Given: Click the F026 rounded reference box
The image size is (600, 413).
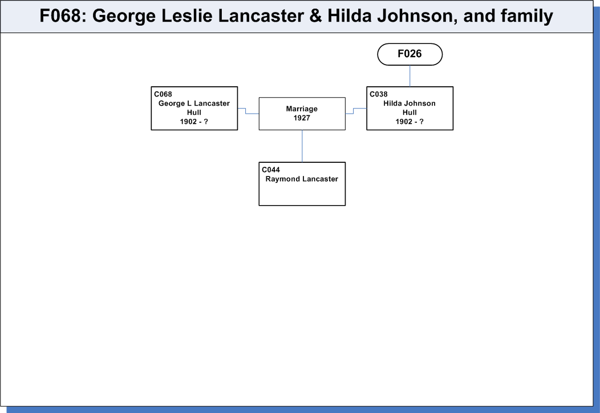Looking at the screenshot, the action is pos(410,54).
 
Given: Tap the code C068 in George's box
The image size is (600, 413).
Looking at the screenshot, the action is pos(163,94).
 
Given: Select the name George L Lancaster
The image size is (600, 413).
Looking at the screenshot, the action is pos(194,103).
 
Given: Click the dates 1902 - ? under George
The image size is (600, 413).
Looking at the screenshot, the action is pos(194,122).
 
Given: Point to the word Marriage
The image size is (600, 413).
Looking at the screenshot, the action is pos(302,109).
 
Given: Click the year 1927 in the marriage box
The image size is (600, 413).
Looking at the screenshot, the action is pos(302,118).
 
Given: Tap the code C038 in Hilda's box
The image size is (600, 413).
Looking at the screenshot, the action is pos(379,94).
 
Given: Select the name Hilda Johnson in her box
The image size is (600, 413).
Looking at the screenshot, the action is pos(410,103).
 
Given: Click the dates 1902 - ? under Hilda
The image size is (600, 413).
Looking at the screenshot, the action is pos(410,122).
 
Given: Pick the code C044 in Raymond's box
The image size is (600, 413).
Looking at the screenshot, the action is pos(271,170).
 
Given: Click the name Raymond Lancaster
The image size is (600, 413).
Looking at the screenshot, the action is pos(302,179).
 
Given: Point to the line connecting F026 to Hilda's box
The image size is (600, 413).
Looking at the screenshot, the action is pos(410,76).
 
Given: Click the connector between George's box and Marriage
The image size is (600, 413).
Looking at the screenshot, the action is pos(246,111).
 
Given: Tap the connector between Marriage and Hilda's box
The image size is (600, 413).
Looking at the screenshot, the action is pos(354,111).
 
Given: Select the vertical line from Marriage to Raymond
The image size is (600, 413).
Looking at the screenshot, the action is pos(302,146).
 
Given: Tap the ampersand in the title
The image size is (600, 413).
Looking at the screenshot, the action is pos(316,16).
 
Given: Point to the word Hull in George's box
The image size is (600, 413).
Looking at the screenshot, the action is pos(194,113).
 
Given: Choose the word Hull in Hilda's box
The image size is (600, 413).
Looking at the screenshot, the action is pos(410,113).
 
